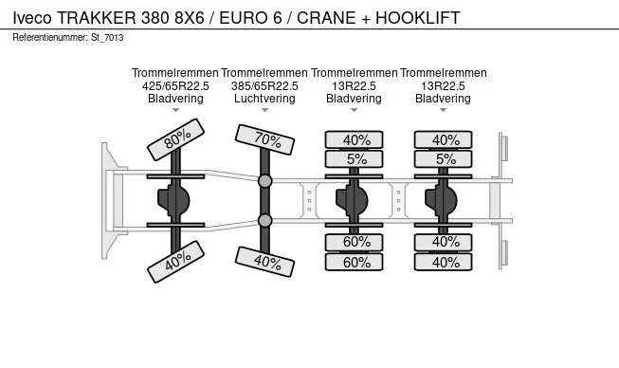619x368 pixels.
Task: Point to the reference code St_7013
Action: pos(106,38)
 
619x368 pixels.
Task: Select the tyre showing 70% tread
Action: pos(265,139)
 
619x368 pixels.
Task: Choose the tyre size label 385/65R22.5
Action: pos(265,85)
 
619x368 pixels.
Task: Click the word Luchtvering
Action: pos(265,98)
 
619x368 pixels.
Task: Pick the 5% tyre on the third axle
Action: pos(355,158)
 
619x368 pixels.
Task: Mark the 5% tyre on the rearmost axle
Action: pos(445,158)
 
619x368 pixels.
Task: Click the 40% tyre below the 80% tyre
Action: pos(176,262)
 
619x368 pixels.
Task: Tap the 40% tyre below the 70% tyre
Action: pos(265,262)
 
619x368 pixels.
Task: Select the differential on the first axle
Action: pos(176,200)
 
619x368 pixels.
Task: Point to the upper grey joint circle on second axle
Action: pos(265,180)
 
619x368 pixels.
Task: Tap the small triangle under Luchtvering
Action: pos(265,111)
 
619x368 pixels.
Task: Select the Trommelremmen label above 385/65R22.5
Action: pos(265,73)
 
